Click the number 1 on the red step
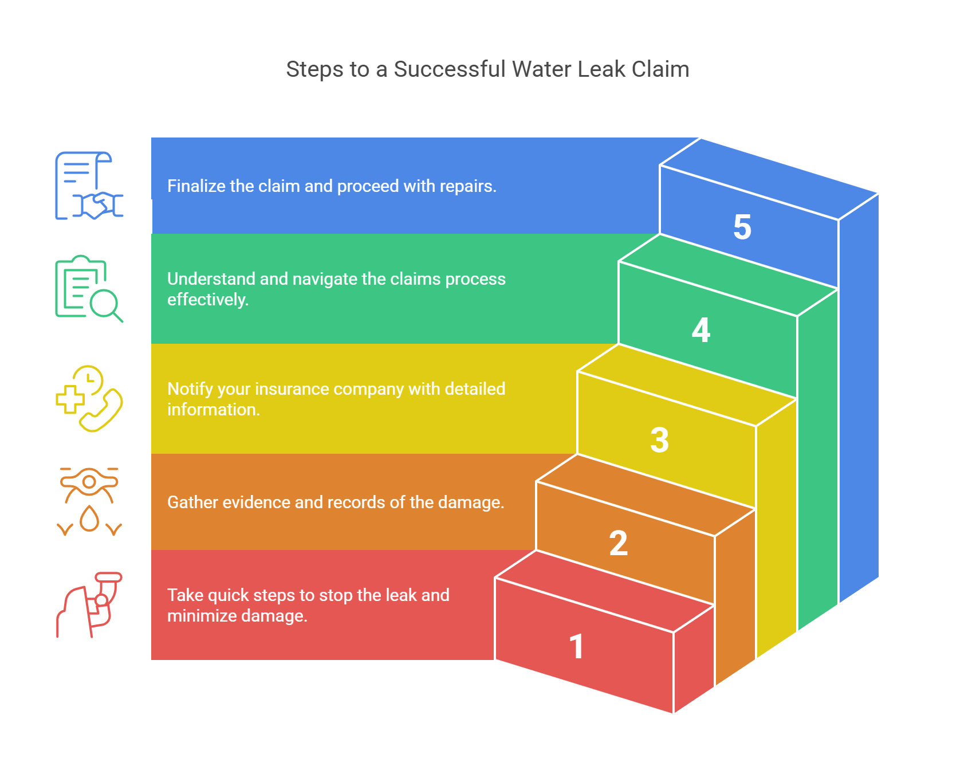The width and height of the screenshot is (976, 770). (x=577, y=647)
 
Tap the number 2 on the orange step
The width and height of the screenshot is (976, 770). (x=619, y=543)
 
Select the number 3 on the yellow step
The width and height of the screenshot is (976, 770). (x=660, y=440)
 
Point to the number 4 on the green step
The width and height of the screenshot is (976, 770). (x=701, y=331)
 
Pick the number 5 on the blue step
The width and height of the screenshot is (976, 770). (x=742, y=227)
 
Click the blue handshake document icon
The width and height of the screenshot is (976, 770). (x=89, y=186)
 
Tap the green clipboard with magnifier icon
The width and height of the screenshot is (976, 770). (x=89, y=289)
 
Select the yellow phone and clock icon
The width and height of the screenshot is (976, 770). (x=89, y=399)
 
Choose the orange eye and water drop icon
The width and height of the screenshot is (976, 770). (x=89, y=502)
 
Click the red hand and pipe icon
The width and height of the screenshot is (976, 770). (x=89, y=605)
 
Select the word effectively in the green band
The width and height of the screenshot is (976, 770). (x=207, y=300)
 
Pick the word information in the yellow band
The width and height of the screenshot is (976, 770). (x=213, y=410)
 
